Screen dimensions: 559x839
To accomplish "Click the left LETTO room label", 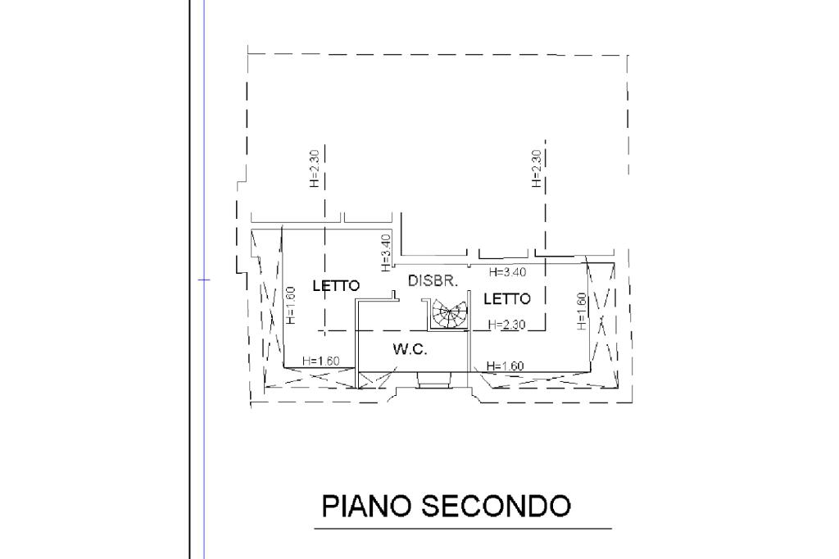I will [x=336, y=286].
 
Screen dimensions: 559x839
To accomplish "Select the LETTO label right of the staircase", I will [x=506, y=298].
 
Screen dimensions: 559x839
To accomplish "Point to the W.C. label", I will [x=410, y=349].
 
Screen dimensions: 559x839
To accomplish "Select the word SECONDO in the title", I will [x=496, y=506].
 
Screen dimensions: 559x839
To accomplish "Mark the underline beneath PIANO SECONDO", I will [x=463, y=529].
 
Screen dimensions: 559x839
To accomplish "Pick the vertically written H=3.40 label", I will [x=387, y=252].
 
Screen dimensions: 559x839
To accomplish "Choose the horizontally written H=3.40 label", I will [x=507, y=272].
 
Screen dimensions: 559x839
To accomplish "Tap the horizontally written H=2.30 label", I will [x=506, y=325].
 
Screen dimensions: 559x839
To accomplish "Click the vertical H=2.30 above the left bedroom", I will [x=315, y=168].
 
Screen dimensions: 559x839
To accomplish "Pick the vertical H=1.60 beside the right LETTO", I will [x=581, y=311].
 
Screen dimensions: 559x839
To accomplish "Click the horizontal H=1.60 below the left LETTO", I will [x=321, y=361].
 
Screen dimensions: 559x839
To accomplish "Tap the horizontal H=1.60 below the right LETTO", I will [x=505, y=366].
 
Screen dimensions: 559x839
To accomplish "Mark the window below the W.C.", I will [x=433, y=379].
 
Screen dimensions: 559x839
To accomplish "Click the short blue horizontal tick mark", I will [x=203, y=280].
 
